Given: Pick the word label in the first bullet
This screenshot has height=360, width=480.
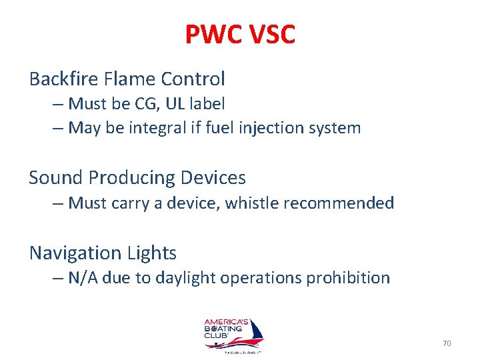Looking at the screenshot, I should tap(209, 104).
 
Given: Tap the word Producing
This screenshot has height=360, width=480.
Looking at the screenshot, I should tap(129, 178).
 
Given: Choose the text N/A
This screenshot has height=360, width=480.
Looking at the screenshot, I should tap(83, 277).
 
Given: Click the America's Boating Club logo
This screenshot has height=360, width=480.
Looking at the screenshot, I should tap(233, 334).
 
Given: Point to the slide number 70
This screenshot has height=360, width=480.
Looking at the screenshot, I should tap(447, 343).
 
